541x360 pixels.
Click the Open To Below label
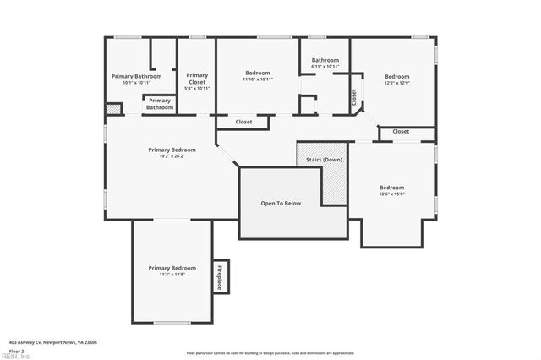[281, 204]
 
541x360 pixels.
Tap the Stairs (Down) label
[320, 160]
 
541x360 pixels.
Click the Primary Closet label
[197, 78]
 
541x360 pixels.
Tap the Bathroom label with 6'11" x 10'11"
[325, 60]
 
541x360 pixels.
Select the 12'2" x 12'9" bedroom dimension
[396, 83]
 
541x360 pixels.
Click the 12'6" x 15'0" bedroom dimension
[391, 194]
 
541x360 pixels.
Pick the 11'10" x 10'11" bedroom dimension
[257, 79]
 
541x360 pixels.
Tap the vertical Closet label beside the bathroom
[353, 97]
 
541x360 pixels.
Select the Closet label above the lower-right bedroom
[401, 132]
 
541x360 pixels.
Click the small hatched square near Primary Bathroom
[112, 109]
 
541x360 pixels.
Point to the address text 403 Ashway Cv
[53, 342]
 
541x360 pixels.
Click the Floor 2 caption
[17, 349]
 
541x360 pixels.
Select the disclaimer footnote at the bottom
[270, 352]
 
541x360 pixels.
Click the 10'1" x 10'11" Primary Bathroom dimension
[136, 83]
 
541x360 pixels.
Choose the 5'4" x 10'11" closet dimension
[197, 88]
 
